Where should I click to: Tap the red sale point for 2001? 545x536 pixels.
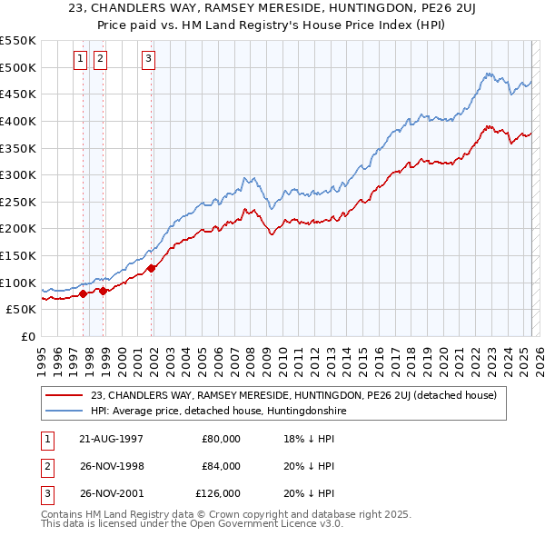(x=152, y=268)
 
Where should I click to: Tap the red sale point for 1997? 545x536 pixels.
(x=84, y=293)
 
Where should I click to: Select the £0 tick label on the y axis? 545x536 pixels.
(x=29, y=336)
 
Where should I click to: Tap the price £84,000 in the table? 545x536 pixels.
(x=221, y=466)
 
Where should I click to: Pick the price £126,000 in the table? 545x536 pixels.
(x=218, y=493)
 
